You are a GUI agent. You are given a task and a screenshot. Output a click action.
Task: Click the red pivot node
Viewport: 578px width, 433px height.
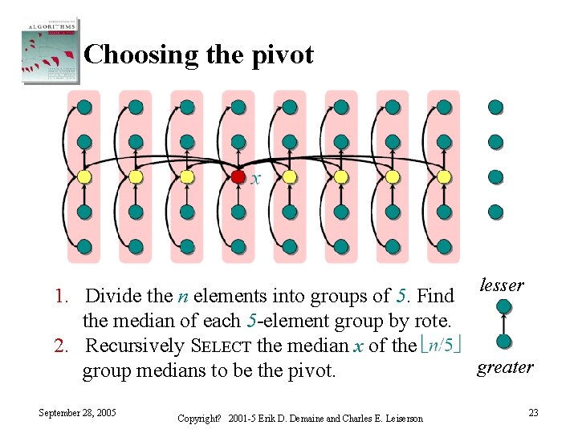[238, 176]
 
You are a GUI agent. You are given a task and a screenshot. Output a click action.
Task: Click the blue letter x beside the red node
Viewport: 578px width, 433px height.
[256, 179]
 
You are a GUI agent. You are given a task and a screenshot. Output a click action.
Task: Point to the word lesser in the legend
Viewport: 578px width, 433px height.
[502, 285]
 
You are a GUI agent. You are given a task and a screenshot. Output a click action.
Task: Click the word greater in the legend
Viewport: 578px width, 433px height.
[505, 367]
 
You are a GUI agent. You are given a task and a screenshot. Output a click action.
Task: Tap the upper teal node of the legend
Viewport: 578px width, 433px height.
[504, 306]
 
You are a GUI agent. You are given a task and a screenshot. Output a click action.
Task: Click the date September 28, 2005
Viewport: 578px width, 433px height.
[77, 412]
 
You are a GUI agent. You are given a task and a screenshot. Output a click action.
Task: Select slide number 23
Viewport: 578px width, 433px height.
[533, 412]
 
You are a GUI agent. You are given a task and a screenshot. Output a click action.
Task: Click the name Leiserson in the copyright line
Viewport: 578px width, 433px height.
[399, 419]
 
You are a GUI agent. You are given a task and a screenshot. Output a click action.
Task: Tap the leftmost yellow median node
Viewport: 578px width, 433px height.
[84, 176]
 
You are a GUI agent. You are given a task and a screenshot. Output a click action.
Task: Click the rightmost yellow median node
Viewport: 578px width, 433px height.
[444, 176]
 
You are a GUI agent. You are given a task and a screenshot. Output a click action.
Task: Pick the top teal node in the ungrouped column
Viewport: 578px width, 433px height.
[495, 107]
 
